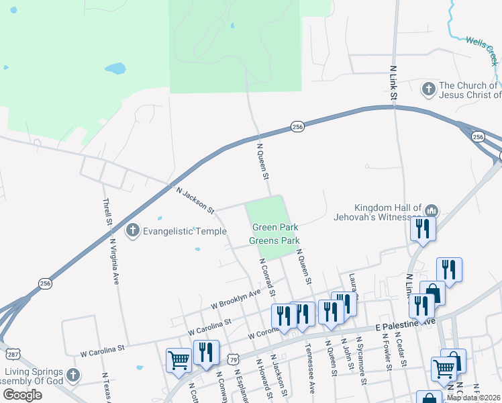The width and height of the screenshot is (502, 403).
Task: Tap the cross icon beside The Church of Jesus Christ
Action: pyautogui.click(x=428, y=89)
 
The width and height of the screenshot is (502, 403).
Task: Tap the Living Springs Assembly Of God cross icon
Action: pyautogui.click(x=72, y=375)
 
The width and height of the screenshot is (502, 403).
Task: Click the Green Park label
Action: pyautogui.click(x=274, y=228)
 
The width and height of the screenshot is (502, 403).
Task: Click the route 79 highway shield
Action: pyautogui.click(x=233, y=359)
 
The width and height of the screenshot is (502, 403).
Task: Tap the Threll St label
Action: pyautogui.click(x=106, y=212)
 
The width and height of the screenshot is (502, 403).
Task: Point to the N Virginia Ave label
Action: pyautogui.click(x=114, y=261)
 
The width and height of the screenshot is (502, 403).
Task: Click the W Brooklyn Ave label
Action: pyautogui.click(x=235, y=299)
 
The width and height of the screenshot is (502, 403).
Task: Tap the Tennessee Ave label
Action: pyautogui.click(x=309, y=369)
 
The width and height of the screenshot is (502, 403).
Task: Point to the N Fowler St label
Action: pyautogui.click(x=387, y=355)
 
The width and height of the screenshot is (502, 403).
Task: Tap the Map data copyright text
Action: pyautogui.click(x=474, y=398)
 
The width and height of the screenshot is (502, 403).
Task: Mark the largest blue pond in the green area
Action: pyautogui.click(x=115, y=69)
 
